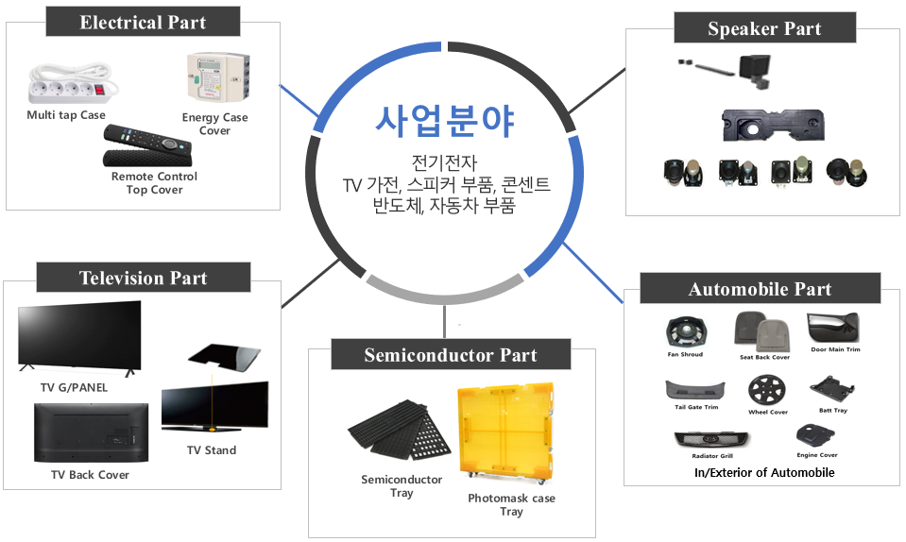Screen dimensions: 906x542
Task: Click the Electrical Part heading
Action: (x=143, y=22)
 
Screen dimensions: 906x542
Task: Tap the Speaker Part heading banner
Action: (x=764, y=27)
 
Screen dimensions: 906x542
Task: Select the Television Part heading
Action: (x=144, y=278)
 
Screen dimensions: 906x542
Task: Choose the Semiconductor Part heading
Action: (x=451, y=354)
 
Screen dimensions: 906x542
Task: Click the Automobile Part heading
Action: (x=760, y=289)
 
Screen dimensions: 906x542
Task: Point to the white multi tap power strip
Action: (x=73, y=84)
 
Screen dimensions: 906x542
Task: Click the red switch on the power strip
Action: (x=102, y=90)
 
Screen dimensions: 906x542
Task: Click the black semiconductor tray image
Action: (x=399, y=431)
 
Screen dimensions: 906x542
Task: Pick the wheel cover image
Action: (x=767, y=390)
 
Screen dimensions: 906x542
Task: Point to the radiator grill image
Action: (x=711, y=440)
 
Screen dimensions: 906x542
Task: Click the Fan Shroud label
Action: (x=685, y=354)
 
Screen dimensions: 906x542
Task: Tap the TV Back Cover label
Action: (x=90, y=474)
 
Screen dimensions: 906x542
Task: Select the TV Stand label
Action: (x=212, y=450)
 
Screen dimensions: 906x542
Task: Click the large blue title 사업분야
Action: (x=444, y=121)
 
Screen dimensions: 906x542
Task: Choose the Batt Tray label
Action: (x=832, y=411)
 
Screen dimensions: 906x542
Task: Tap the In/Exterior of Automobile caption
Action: (x=764, y=473)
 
